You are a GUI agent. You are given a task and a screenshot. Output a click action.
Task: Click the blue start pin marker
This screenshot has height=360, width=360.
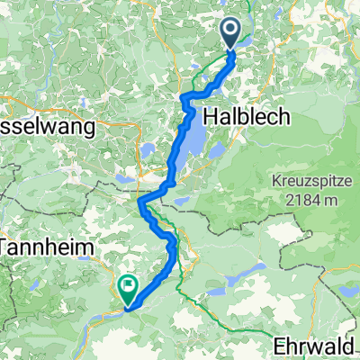[230, 33]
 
